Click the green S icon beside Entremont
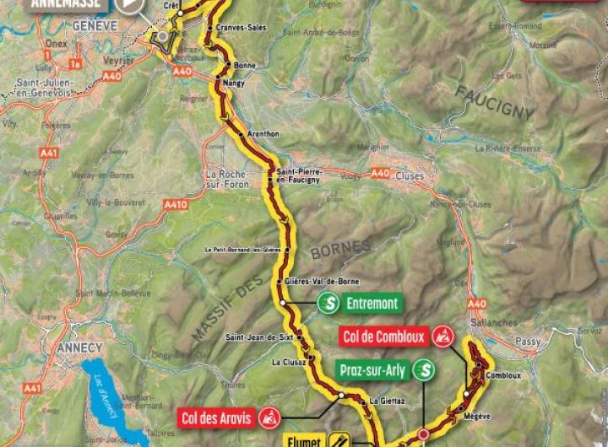click(328, 302)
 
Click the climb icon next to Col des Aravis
click(269, 417)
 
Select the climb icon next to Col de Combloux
click(442, 337)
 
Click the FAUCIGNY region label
click(495, 100)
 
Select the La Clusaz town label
click(288, 363)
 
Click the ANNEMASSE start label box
click(68, 4)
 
